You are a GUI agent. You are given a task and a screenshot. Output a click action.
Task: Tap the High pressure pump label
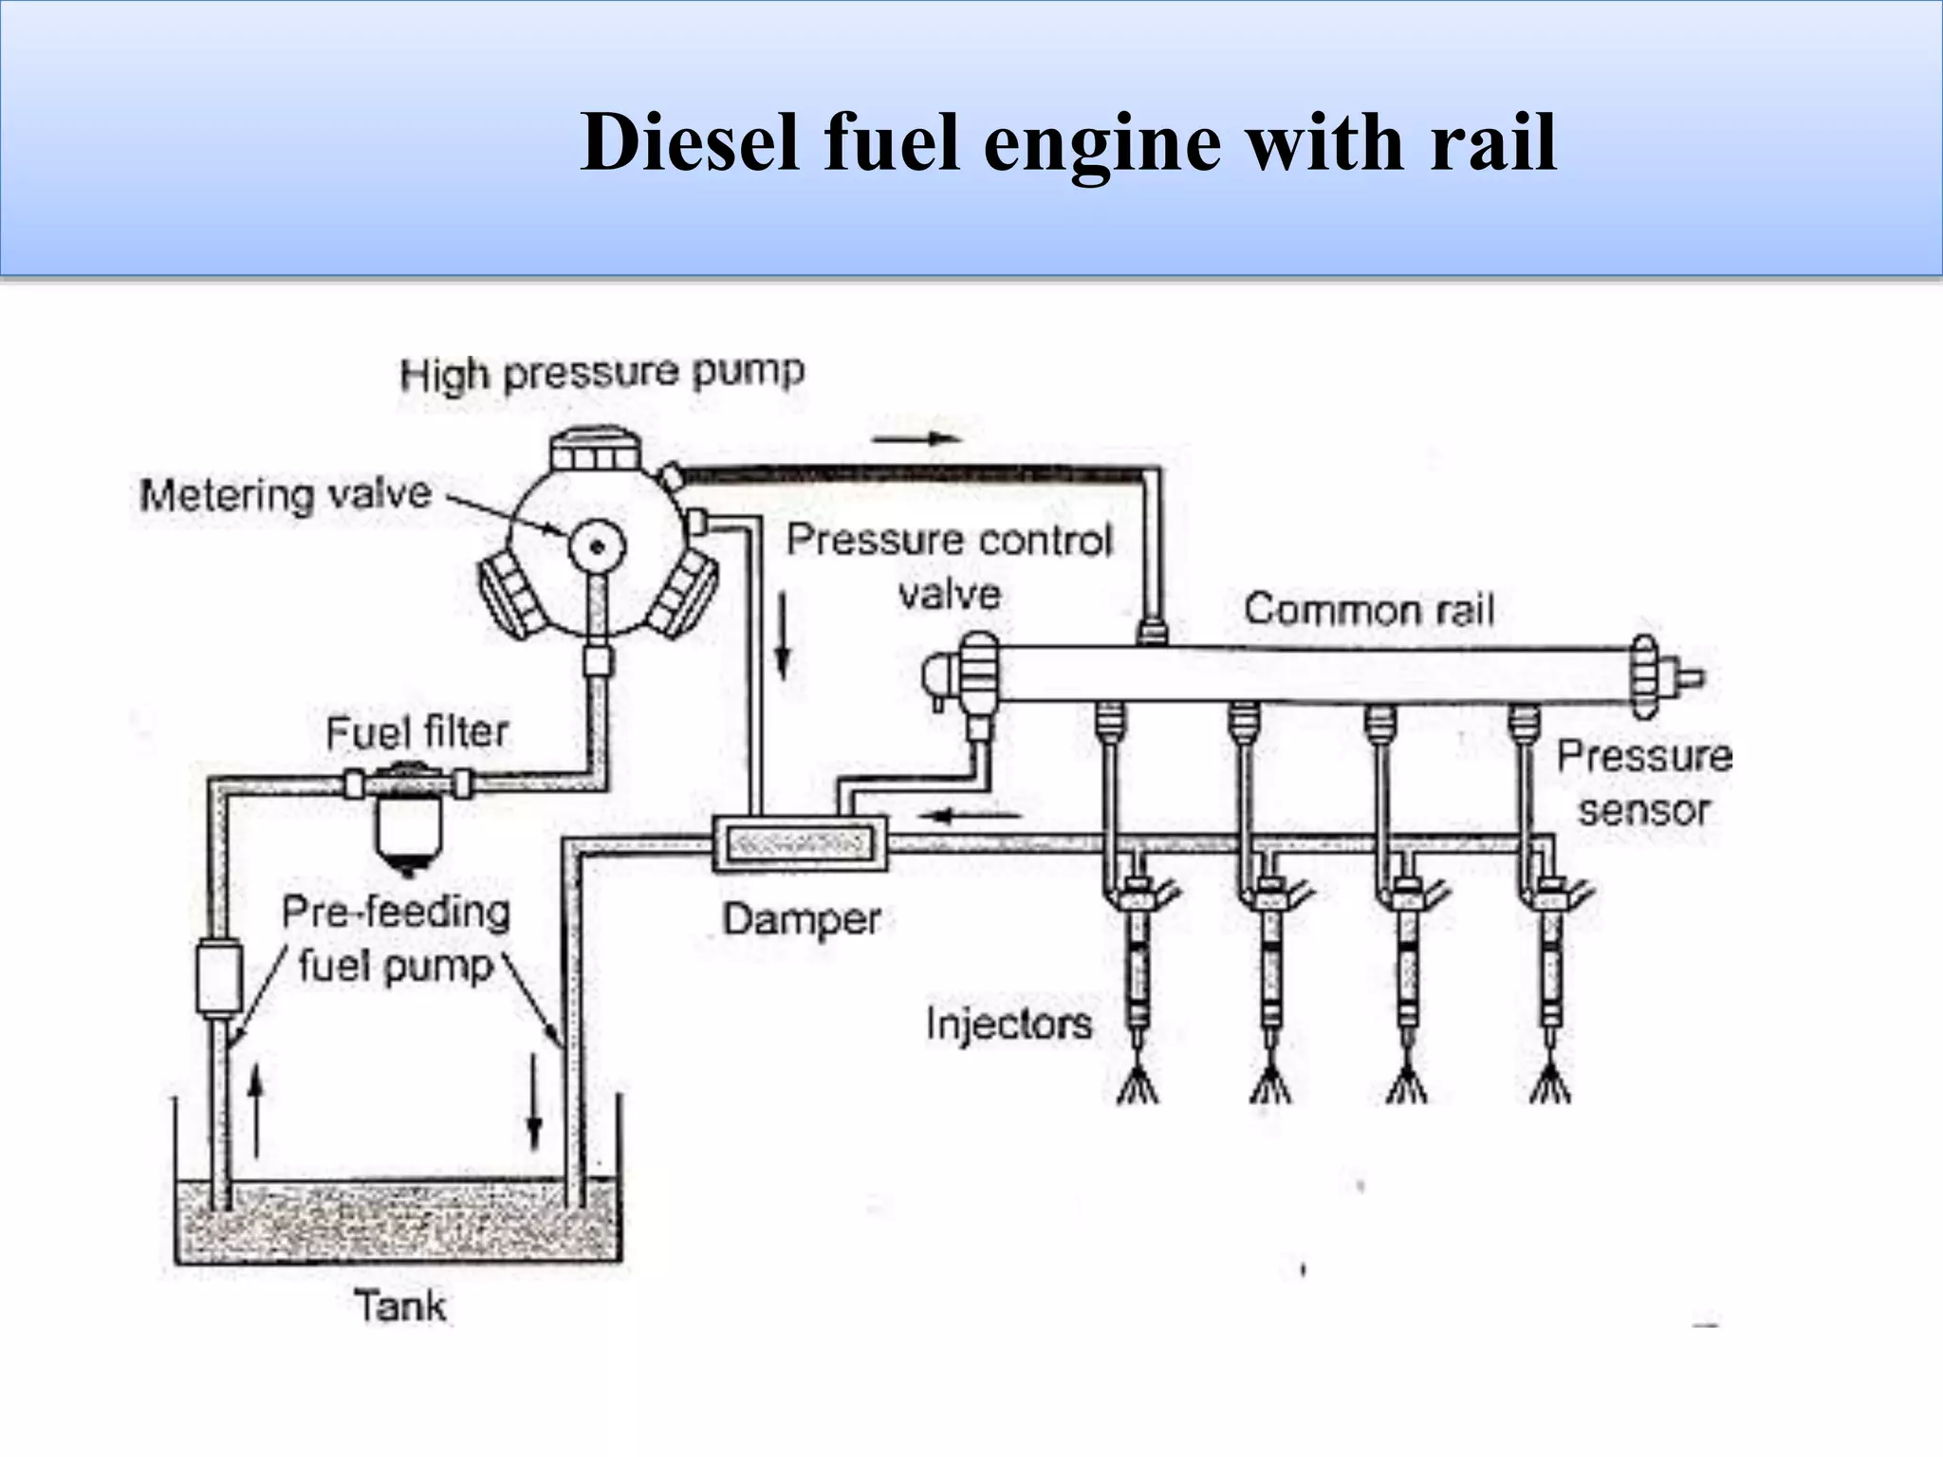pos(601,372)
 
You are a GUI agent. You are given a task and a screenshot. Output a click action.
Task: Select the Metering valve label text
pos(285,495)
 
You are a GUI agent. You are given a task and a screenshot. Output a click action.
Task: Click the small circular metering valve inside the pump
pos(597,545)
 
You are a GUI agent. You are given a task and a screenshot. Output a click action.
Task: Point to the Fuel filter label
pos(416,732)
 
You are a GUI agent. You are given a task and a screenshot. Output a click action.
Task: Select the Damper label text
pos(801,919)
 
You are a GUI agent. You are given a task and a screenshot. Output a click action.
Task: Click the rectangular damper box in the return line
pos(800,842)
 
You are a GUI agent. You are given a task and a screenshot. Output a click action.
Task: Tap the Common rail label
pos(1368,609)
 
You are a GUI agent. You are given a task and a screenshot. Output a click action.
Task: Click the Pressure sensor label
pos(1643,783)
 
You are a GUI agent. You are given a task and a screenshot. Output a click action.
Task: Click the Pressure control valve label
pos(949,566)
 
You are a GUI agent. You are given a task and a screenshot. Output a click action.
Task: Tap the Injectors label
pos(1008,1024)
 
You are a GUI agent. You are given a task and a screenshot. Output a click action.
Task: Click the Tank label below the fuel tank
pos(399,1306)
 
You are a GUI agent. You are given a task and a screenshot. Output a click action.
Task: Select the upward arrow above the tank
pos(255,1110)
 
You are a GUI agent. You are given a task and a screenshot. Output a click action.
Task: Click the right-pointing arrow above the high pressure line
pos(916,438)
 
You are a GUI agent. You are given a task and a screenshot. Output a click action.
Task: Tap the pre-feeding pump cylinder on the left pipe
pos(218,977)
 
